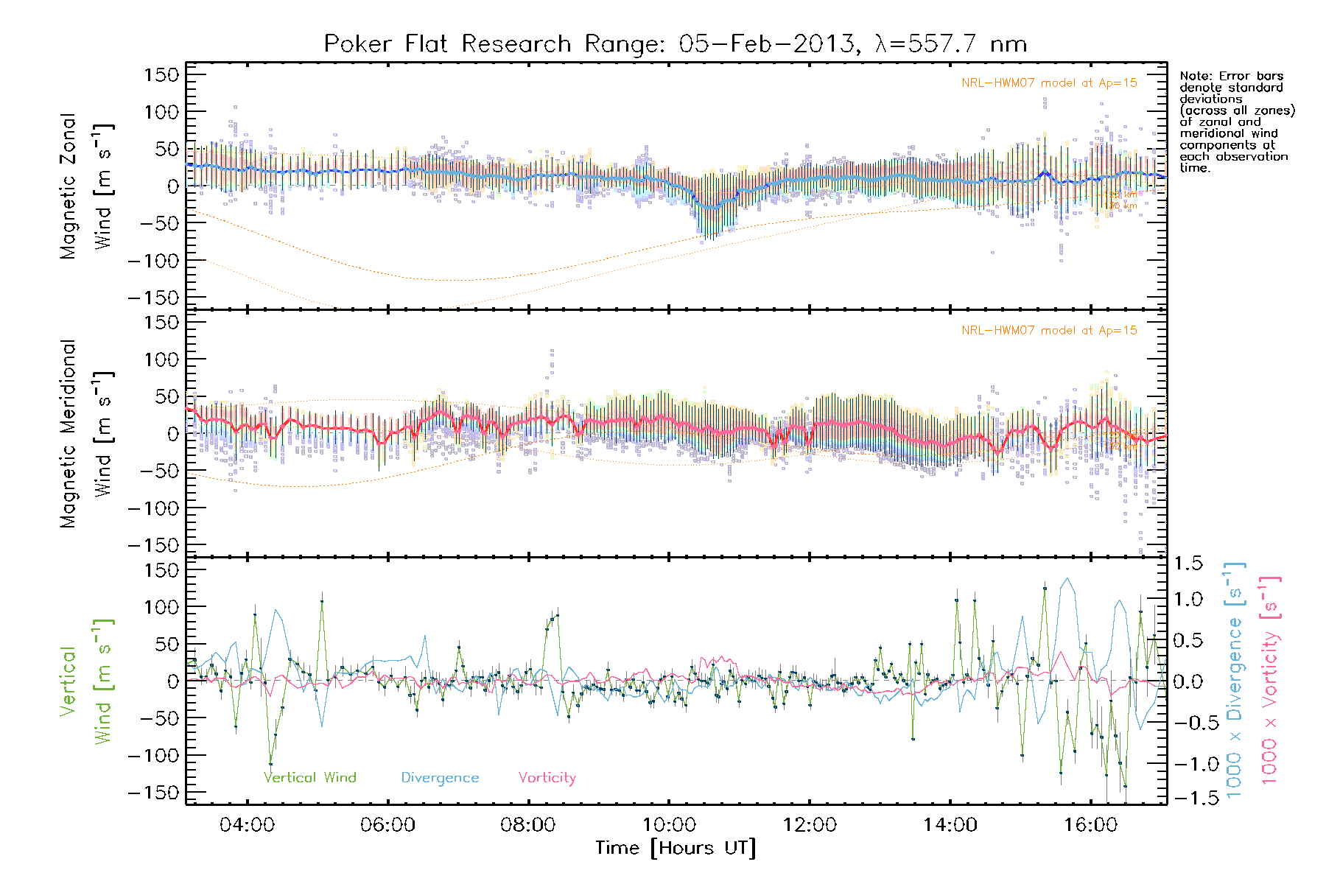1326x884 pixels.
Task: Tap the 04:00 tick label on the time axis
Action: coord(247,824)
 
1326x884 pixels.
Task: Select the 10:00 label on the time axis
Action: coord(668,824)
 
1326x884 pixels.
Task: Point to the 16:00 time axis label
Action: coord(1090,824)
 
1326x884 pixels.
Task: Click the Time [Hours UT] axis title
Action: coord(676,849)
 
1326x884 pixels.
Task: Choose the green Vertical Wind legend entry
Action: coord(309,778)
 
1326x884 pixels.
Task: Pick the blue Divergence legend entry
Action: coord(440,778)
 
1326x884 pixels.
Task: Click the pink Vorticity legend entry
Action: coord(547,778)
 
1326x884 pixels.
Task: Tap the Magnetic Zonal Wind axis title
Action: coord(86,186)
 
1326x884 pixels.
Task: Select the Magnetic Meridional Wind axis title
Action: coord(86,434)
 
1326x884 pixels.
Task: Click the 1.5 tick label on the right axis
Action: coord(1188,564)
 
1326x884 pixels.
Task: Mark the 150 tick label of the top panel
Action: coord(161,75)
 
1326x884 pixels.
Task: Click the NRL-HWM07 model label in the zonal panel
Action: coord(1049,83)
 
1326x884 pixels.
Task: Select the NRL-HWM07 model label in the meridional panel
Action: coord(1049,331)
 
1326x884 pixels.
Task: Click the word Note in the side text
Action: coord(1193,76)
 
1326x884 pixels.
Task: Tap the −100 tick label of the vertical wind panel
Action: coord(153,756)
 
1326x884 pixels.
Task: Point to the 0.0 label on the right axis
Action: coord(1188,682)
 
